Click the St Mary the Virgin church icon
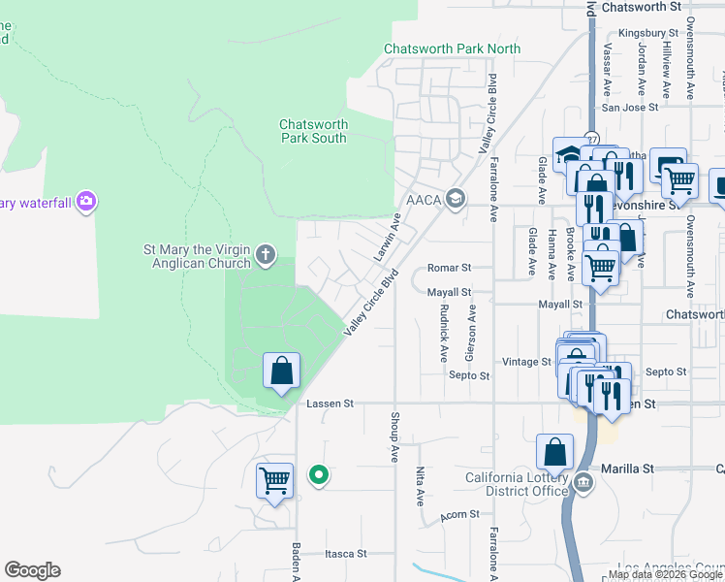coord(267,256)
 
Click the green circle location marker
coord(317,475)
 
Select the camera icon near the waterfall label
coord(87,202)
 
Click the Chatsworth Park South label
coord(313,131)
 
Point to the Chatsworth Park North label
coord(452,48)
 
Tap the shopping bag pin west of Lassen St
coord(281,372)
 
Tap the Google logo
coord(32,570)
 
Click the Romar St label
coord(449,268)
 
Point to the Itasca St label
coord(346,554)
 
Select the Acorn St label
coord(459,515)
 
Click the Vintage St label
coord(526,362)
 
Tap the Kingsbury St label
coord(651,32)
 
